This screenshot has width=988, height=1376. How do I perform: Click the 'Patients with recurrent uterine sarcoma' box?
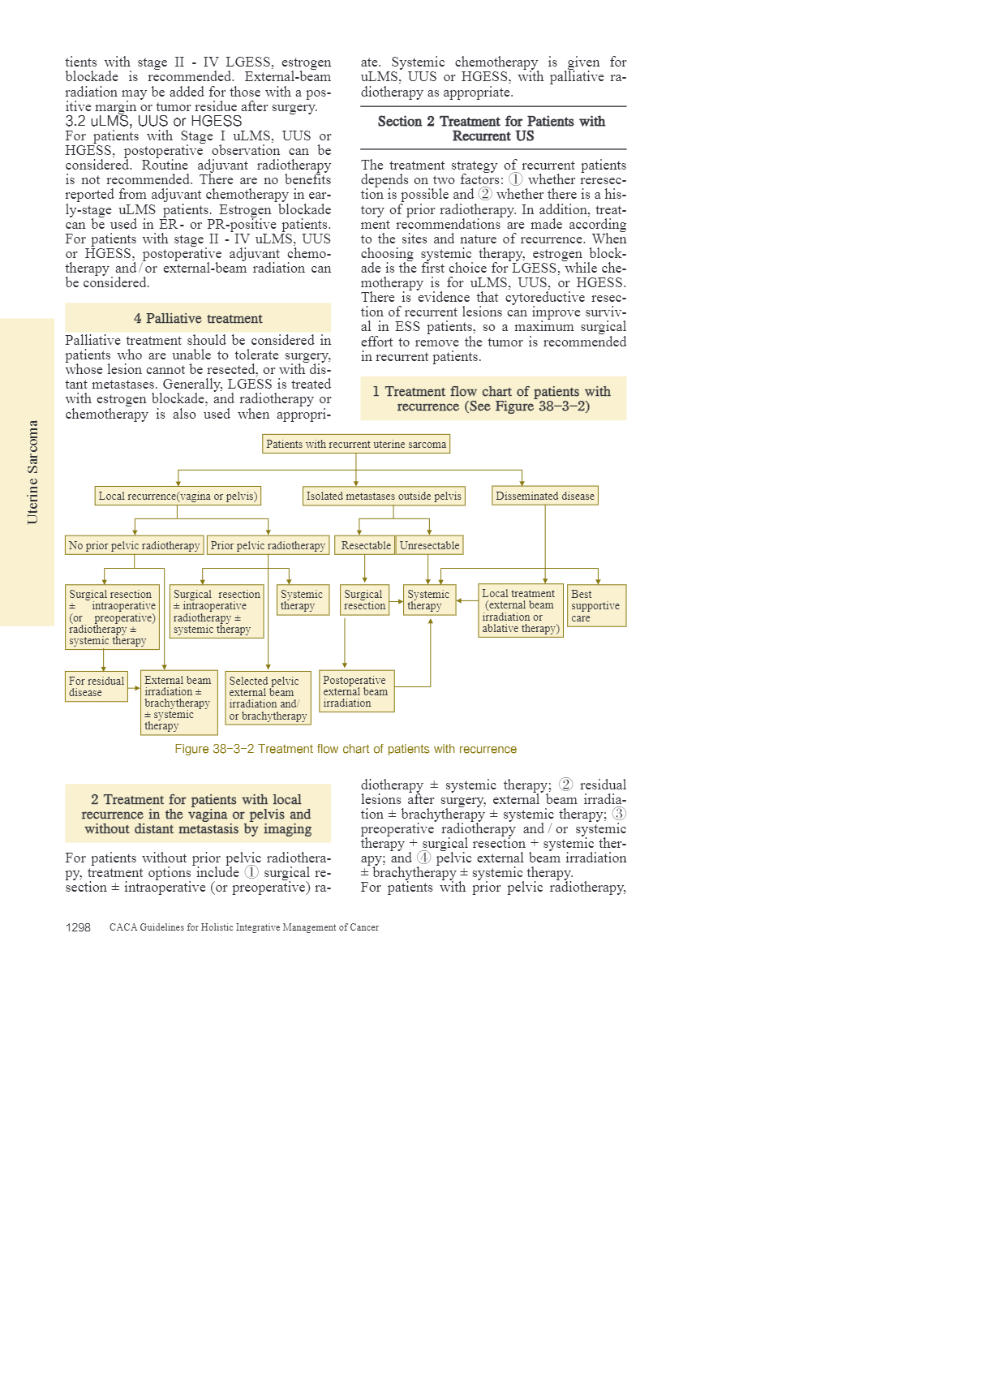356,444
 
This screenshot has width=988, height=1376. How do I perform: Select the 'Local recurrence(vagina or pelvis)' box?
178,496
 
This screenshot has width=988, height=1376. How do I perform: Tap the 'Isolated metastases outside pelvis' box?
384,496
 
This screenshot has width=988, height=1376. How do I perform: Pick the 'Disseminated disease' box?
545,496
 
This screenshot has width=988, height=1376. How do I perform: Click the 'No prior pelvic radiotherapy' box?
134,545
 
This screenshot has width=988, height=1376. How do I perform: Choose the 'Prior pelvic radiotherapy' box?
268,545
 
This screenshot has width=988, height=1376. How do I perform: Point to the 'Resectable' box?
365,545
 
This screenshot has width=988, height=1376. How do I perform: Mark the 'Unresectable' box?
429,545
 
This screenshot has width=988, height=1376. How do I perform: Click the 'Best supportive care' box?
596,605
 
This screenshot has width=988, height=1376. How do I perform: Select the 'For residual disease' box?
97,686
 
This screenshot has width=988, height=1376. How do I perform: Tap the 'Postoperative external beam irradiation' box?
357,691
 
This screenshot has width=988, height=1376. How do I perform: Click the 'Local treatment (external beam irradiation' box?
521,610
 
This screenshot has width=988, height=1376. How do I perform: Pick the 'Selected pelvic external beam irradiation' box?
268,698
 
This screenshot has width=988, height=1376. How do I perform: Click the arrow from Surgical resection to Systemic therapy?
397,601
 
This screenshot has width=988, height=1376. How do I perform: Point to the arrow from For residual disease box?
135,688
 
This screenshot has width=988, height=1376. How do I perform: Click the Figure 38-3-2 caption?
346,749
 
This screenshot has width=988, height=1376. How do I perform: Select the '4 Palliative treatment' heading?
198,318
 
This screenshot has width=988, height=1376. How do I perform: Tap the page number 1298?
78,927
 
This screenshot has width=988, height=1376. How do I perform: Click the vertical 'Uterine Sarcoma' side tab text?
32,472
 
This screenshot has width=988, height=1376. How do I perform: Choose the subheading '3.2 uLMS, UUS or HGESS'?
153,121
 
